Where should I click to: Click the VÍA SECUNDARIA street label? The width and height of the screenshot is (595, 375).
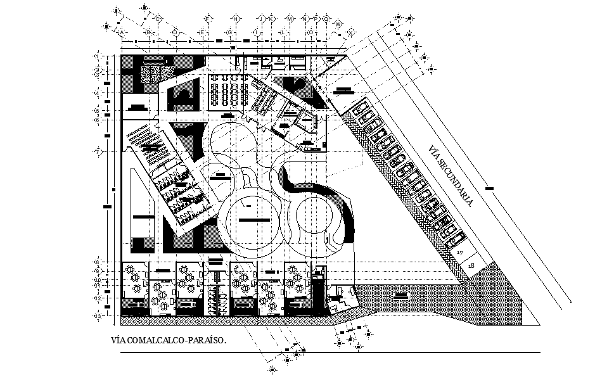point(451,177)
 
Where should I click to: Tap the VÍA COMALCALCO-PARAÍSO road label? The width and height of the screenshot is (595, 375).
point(169,341)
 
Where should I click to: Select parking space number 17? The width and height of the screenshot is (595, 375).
point(461,253)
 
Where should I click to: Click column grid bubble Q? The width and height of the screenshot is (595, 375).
point(326,19)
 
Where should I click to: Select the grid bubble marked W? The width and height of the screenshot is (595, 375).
point(339,24)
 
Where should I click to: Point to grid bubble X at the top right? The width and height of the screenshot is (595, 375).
point(348,31)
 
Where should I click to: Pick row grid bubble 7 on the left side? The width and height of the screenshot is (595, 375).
point(98,152)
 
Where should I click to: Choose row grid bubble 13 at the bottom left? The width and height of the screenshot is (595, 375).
point(98,315)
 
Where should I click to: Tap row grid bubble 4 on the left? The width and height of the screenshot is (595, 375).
point(98,93)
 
